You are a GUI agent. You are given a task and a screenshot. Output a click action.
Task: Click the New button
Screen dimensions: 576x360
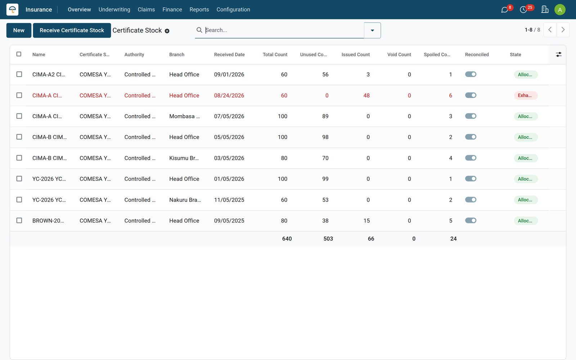19,30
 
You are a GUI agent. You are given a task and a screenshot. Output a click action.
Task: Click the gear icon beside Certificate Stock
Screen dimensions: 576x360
167,31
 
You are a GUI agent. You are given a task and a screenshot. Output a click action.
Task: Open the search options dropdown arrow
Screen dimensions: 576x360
372,30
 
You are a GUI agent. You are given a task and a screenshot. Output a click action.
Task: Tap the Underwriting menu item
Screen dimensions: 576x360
114,9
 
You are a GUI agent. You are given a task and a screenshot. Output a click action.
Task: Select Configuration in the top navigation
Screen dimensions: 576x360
233,9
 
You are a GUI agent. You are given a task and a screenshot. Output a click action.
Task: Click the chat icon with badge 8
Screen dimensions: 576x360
504,10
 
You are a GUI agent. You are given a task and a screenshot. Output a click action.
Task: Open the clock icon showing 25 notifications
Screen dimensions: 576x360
523,10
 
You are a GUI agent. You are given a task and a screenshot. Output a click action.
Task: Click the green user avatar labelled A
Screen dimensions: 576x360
560,10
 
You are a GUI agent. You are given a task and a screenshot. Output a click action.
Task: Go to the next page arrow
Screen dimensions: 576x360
563,30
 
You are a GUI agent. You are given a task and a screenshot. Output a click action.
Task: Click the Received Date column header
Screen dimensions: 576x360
229,54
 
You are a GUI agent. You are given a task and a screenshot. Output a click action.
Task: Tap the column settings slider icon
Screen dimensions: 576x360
558,54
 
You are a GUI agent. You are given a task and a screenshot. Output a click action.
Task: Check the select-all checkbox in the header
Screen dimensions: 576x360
19,54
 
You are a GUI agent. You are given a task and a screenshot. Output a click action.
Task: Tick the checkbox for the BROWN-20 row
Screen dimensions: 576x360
19,220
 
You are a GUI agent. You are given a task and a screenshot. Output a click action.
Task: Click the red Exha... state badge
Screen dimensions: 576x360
526,95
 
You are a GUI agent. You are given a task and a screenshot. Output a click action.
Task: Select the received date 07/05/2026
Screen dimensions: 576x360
229,116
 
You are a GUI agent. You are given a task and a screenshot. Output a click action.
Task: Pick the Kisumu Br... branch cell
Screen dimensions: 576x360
184,158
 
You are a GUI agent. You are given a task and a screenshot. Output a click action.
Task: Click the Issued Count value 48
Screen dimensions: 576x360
366,95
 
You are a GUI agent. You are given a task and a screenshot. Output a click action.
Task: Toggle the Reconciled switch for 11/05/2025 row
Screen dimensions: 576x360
471,199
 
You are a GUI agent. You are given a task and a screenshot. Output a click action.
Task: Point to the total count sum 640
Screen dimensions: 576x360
287,239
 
